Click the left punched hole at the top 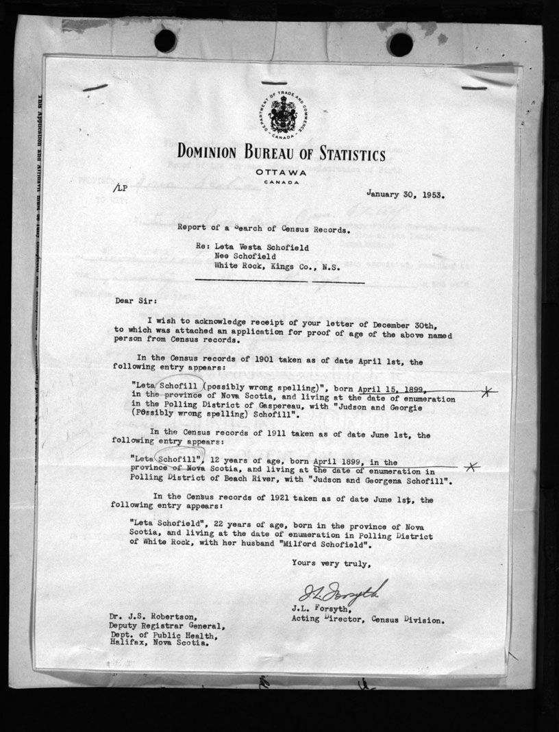pyautogui.click(x=165, y=41)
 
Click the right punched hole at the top pyautogui.click(x=399, y=44)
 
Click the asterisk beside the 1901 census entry pyautogui.click(x=487, y=392)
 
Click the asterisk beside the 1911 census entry pyautogui.click(x=470, y=467)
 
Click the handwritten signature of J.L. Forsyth pyautogui.click(x=342, y=592)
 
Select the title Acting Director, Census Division pyautogui.click(x=368, y=620)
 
